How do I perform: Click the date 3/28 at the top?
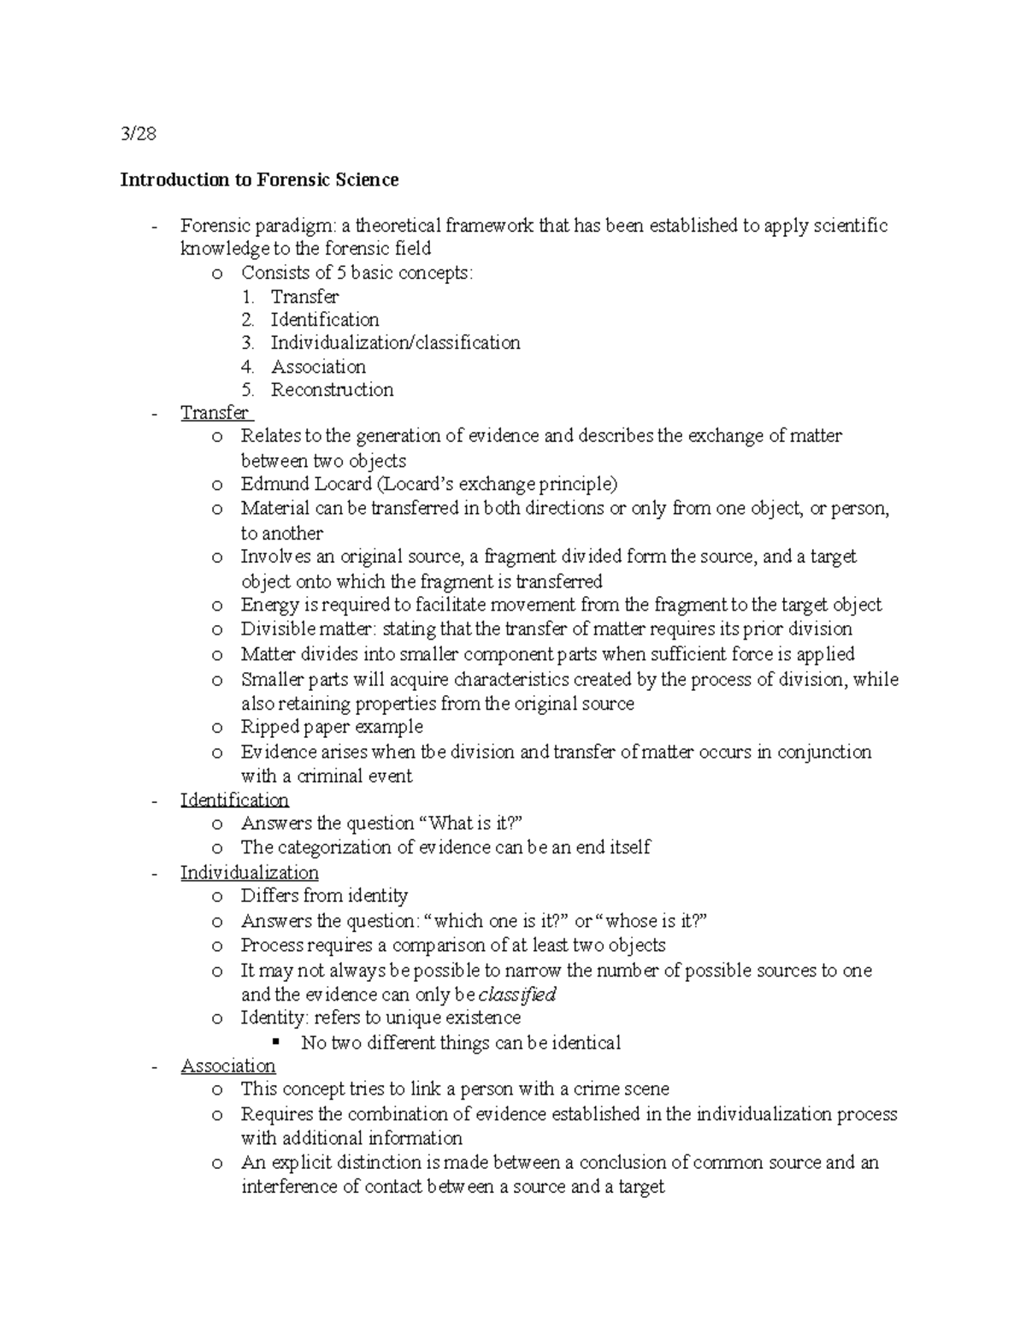[139, 133]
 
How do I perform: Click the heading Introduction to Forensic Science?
[259, 180]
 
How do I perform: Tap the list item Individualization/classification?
[395, 343]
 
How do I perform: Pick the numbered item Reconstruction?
[332, 390]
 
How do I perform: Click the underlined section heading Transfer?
[214, 413]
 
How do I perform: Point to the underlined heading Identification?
[234, 800]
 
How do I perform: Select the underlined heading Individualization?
[249, 873]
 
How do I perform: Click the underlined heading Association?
[227, 1066]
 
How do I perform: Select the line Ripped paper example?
[332, 727]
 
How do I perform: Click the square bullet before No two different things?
[275, 1042]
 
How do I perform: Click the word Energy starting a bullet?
[268, 605]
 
